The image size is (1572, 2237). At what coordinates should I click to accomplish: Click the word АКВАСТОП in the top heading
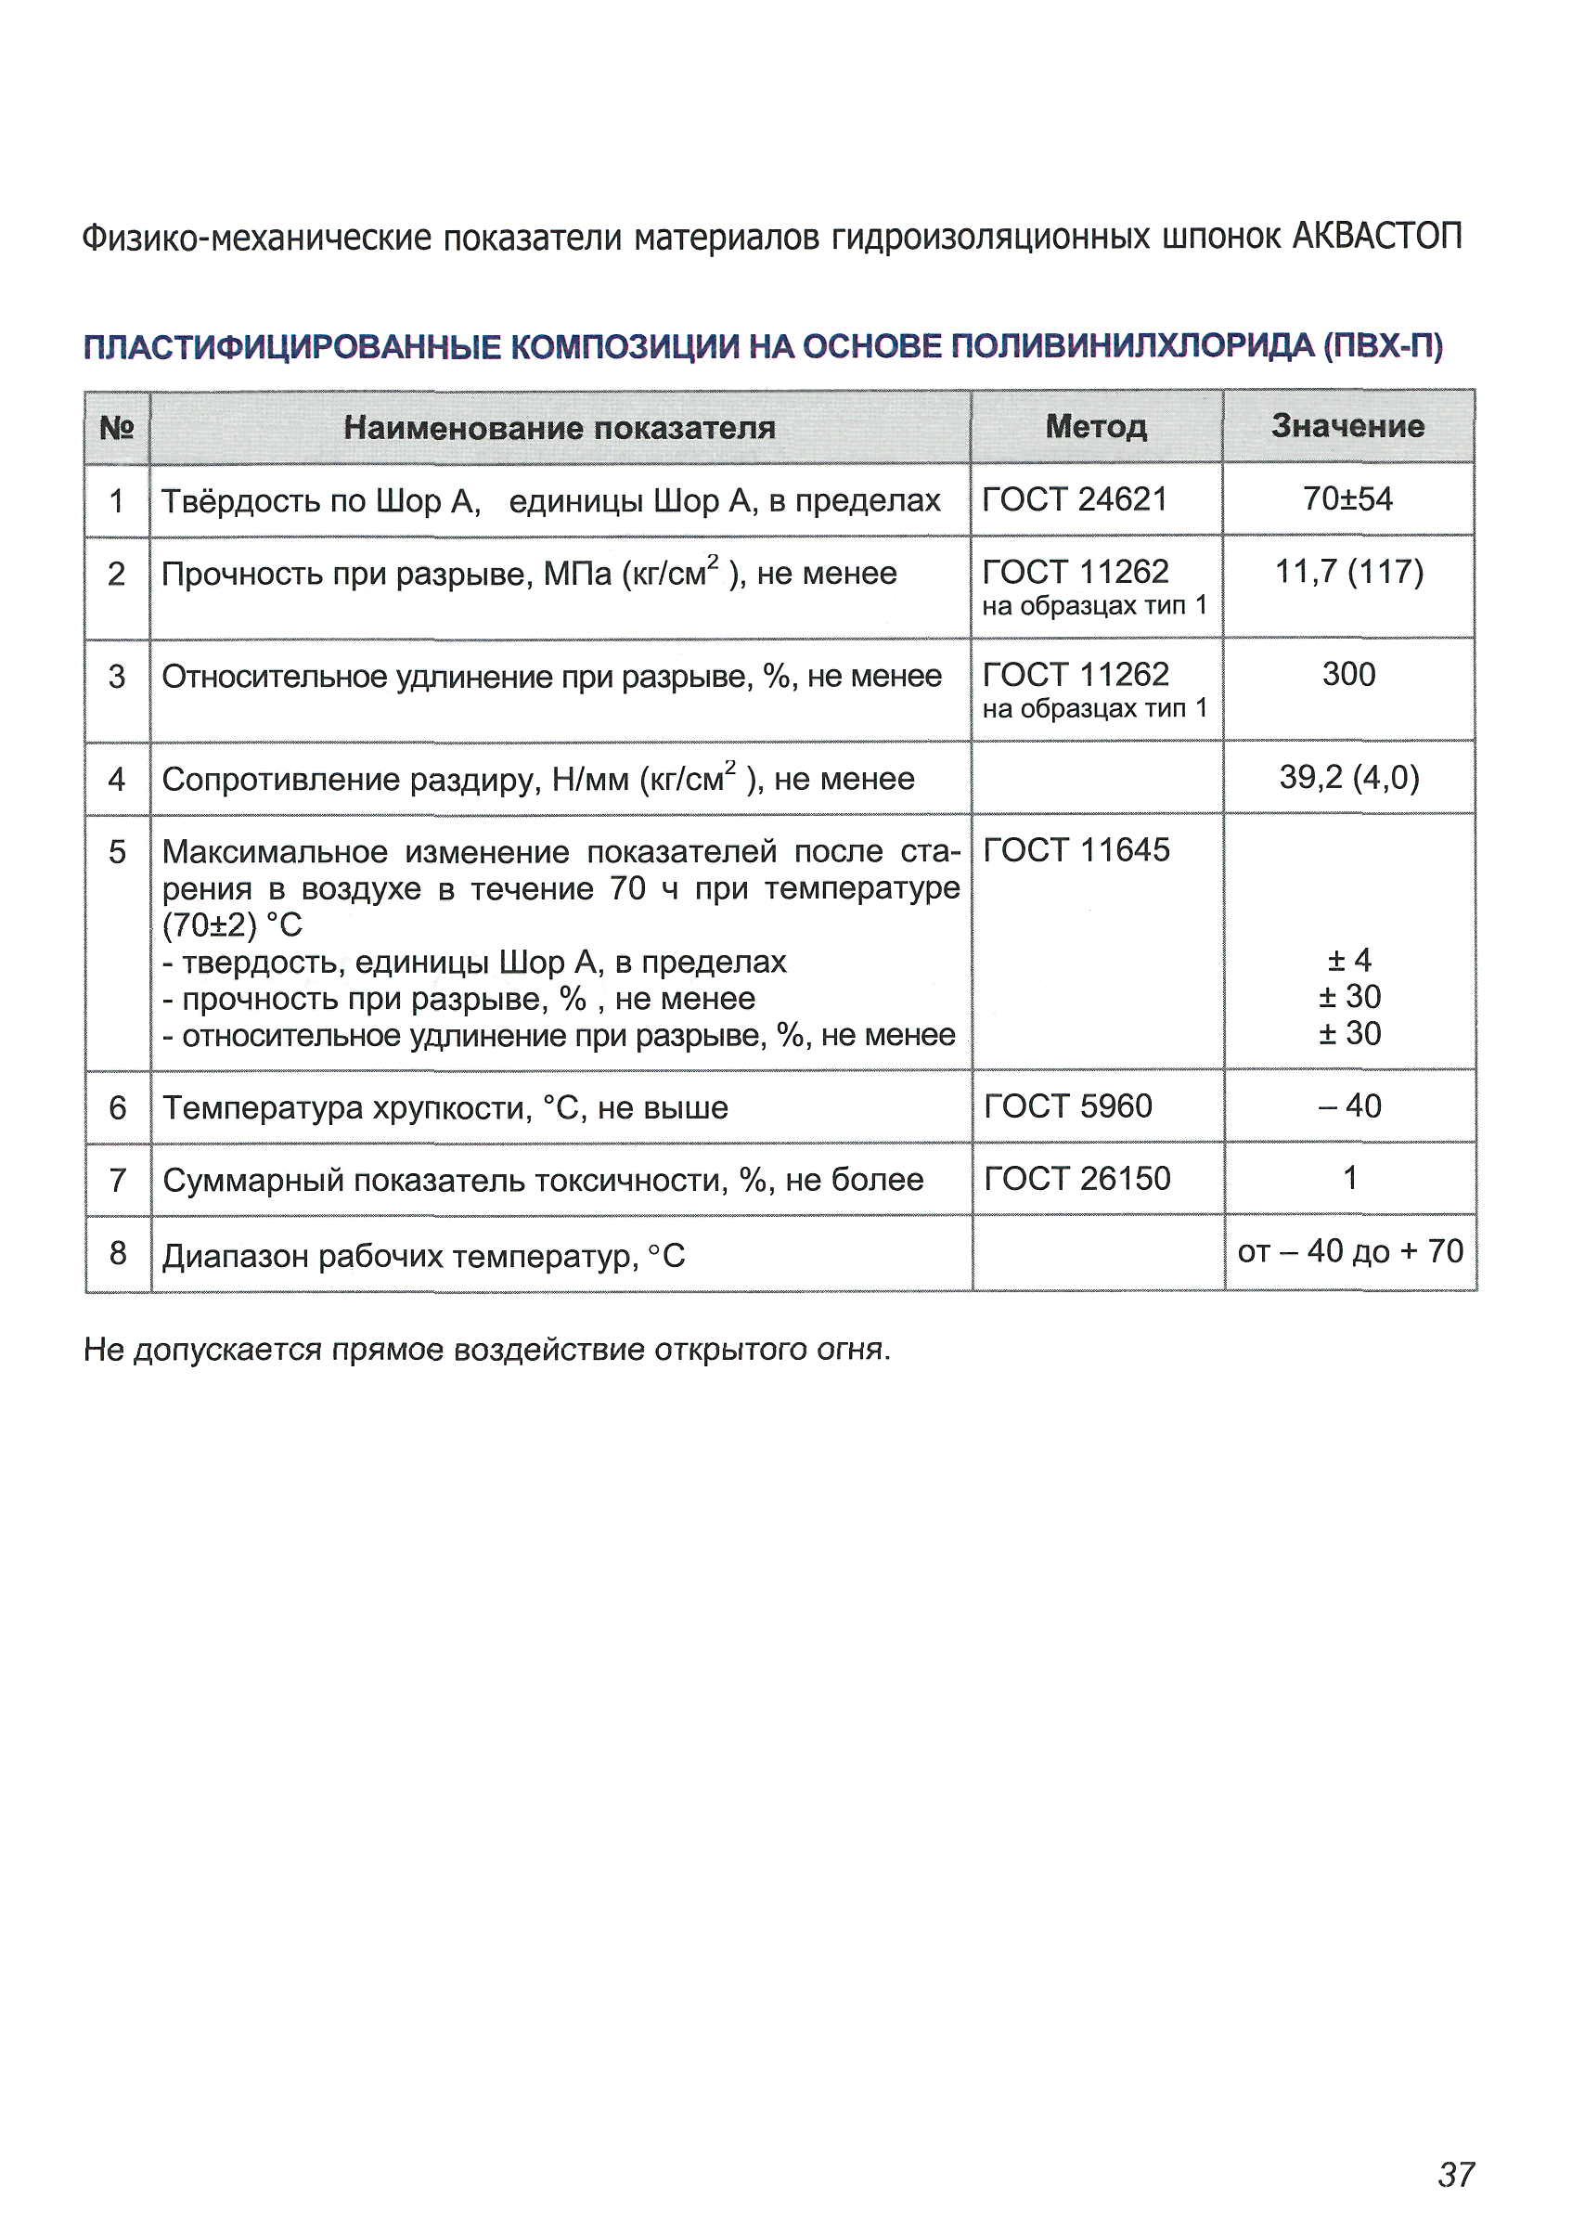pyautogui.click(x=1376, y=237)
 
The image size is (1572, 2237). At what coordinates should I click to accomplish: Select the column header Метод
pyautogui.click(x=1096, y=427)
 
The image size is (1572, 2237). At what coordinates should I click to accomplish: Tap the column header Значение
pyautogui.click(x=1348, y=426)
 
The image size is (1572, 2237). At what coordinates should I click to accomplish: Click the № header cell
pyautogui.click(x=117, y=428)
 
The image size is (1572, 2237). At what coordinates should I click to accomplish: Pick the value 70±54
pyautogui.click(x=1348, y=498)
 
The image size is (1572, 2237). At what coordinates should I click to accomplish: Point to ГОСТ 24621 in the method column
pyautogui.click(x=1075, y=498)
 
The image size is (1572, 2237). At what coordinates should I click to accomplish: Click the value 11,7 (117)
pyautogui.click(x=1349, y=572)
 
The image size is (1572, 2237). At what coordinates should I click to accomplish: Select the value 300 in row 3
pyautogui.click(x=1348, y=674)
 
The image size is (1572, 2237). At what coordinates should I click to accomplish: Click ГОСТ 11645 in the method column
pyautogui.click(x=1076, y=849)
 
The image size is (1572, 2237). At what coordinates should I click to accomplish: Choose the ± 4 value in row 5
pyautogui.click(x=1349, y=961)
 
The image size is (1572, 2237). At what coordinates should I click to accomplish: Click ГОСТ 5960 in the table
pyautogui.click(x=1067, y=1106)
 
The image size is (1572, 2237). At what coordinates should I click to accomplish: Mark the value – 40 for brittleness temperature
pyautogui.click(x=1349, y=1106)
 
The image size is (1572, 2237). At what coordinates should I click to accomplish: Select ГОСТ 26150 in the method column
pyautogui.click(x=1076, y=1179)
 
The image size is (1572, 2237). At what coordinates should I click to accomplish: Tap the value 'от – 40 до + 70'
pyautogui.click(x=1350, y=1251)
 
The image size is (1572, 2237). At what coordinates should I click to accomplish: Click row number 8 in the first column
pyautogui.click(x=118, y=1253)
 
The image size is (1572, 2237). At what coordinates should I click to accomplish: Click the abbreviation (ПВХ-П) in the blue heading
pyautogui.click(x=1382, y=346)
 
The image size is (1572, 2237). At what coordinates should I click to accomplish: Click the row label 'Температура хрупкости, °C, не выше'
pyautogui.click(x=445, y=1107)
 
